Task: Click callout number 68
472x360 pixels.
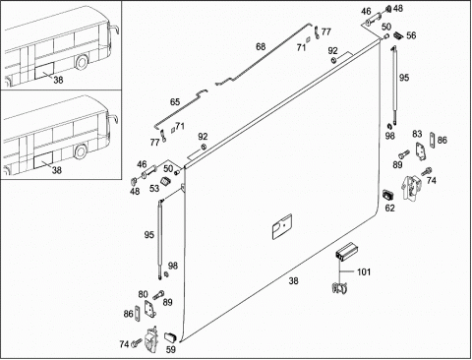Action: (x=261, y=47)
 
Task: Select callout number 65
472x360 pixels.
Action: (x=175, y=102)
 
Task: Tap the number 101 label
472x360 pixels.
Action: (x=364, y=271)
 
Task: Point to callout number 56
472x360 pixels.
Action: (x=411, y=35)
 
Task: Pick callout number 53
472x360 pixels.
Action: (x=154, y=188)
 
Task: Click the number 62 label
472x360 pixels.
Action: (x=389, y=208)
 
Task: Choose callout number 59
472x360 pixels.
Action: (x=171, y=350)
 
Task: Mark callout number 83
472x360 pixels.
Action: (x=417, y=134)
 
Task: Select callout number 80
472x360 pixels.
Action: (x=143, y=294)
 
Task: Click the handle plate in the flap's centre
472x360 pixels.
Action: (x=282, y=226)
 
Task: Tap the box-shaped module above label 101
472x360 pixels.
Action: (x=346, y=252)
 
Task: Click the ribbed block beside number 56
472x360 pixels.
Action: (x=397, y=34)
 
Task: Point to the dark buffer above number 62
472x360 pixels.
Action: (x=388, y=195)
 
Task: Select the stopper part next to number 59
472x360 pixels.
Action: (x=170, y=337)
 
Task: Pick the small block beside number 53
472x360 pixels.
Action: (x=165, y=181)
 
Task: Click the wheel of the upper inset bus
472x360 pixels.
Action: (x=82, y=62)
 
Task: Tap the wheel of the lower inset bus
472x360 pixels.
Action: (x=81, y=151)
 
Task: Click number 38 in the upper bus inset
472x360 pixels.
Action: (x=58, y=80)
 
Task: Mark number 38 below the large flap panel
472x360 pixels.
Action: (x=293, y=281)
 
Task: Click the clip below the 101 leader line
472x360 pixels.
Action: (x=340, y=288)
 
